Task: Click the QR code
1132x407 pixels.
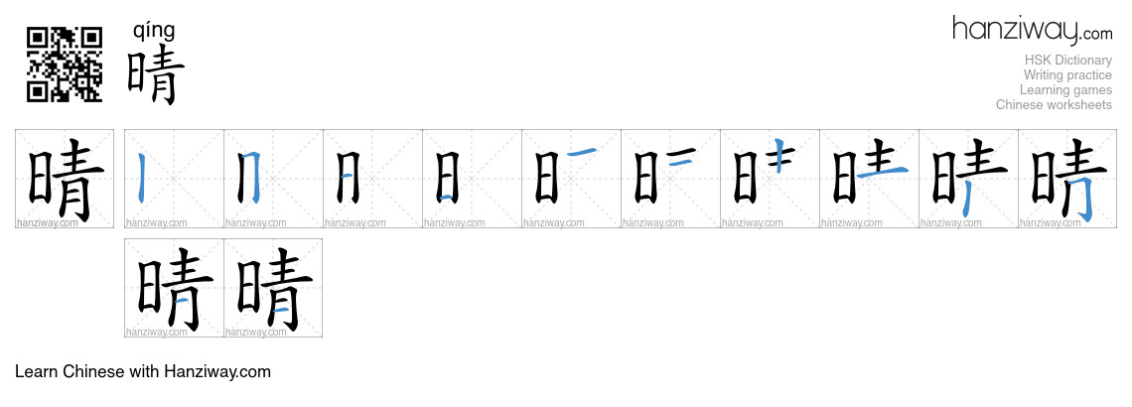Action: [x=65, y=65]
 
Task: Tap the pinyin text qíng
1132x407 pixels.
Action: [x=154, y=31]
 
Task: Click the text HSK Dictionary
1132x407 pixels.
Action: [x=1067, y=60]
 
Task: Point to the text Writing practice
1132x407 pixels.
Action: [x=1067, y=75]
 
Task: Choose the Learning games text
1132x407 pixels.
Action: [x=1065, y=90]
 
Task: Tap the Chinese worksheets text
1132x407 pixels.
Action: [x=1054, y=104]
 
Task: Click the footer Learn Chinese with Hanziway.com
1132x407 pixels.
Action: [x=143, y=371]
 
